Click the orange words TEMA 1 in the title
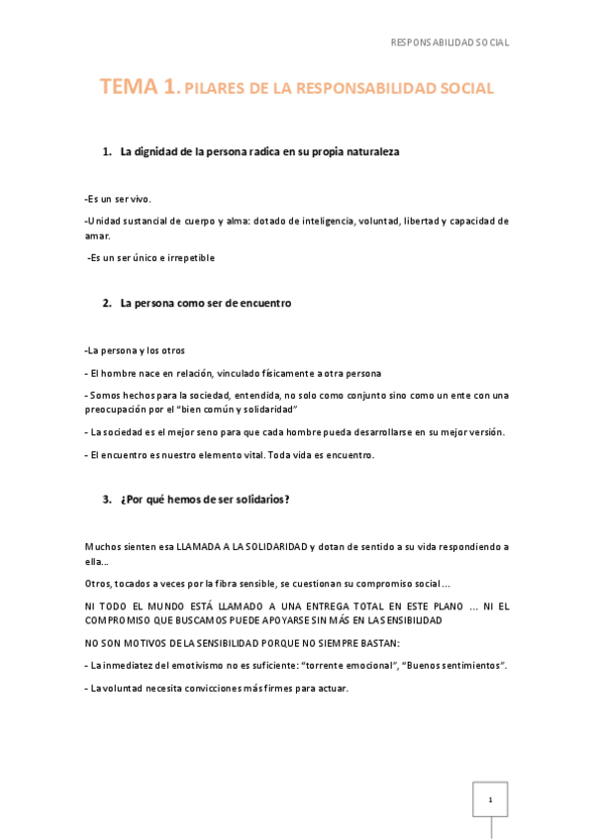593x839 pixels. click(x=139, y=87)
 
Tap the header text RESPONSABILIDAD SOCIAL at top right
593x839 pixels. click(x=449, y=43)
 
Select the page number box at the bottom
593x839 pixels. click(x=489, y=798)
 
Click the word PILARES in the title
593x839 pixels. click(x=215, y=89)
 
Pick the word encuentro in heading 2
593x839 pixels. click(x=261, y=303)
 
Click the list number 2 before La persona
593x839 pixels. click(x=106, y=303)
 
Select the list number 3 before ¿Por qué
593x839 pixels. click(x=106, y=499)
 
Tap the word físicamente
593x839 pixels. click(x=281, y=373)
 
